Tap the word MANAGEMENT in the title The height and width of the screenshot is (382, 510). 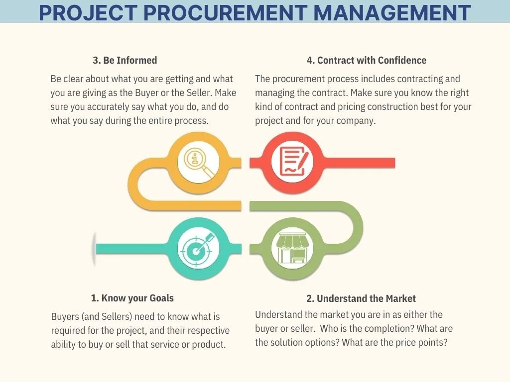tap(392, 12)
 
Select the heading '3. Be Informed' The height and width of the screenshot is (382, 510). tap(125, 60)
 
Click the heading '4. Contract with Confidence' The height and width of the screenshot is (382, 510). tap(367, 60)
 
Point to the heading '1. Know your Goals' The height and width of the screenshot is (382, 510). tap(132, 298)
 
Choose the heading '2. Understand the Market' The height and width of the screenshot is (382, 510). tap(361, 298)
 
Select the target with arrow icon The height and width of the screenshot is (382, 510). tap(198, 247)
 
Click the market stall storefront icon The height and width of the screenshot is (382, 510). tap(292, 247)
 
